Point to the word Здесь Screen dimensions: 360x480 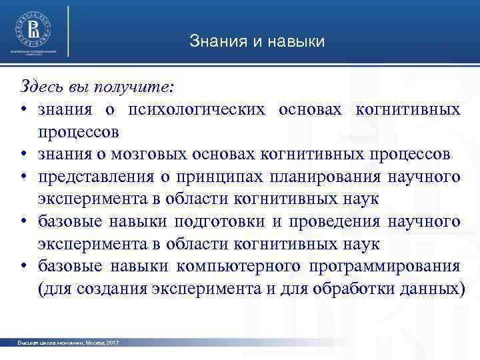pos(41,87)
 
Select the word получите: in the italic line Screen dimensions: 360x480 pos(137,87)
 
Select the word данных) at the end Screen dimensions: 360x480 pos(433,289)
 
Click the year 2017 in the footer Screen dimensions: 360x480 pos(112,342)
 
